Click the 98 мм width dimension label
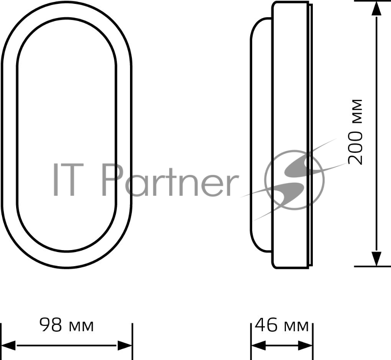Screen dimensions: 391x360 (x=66, y=325)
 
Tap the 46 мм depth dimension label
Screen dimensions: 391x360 (x=282, y=325)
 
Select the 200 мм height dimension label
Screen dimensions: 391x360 (x=355, y=132)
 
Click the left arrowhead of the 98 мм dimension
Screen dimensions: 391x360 (x=8, y=345)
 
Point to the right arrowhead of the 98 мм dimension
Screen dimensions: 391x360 (x=125, y=345)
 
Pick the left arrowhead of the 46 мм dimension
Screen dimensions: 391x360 (x=259, y=345)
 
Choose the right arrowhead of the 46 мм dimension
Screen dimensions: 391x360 (x=305, y=345)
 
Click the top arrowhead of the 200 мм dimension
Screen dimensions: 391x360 (x=376, y=8)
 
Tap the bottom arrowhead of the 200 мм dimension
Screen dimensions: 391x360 (x=376, y=258)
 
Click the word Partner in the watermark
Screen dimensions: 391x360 (x=170, y=180)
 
